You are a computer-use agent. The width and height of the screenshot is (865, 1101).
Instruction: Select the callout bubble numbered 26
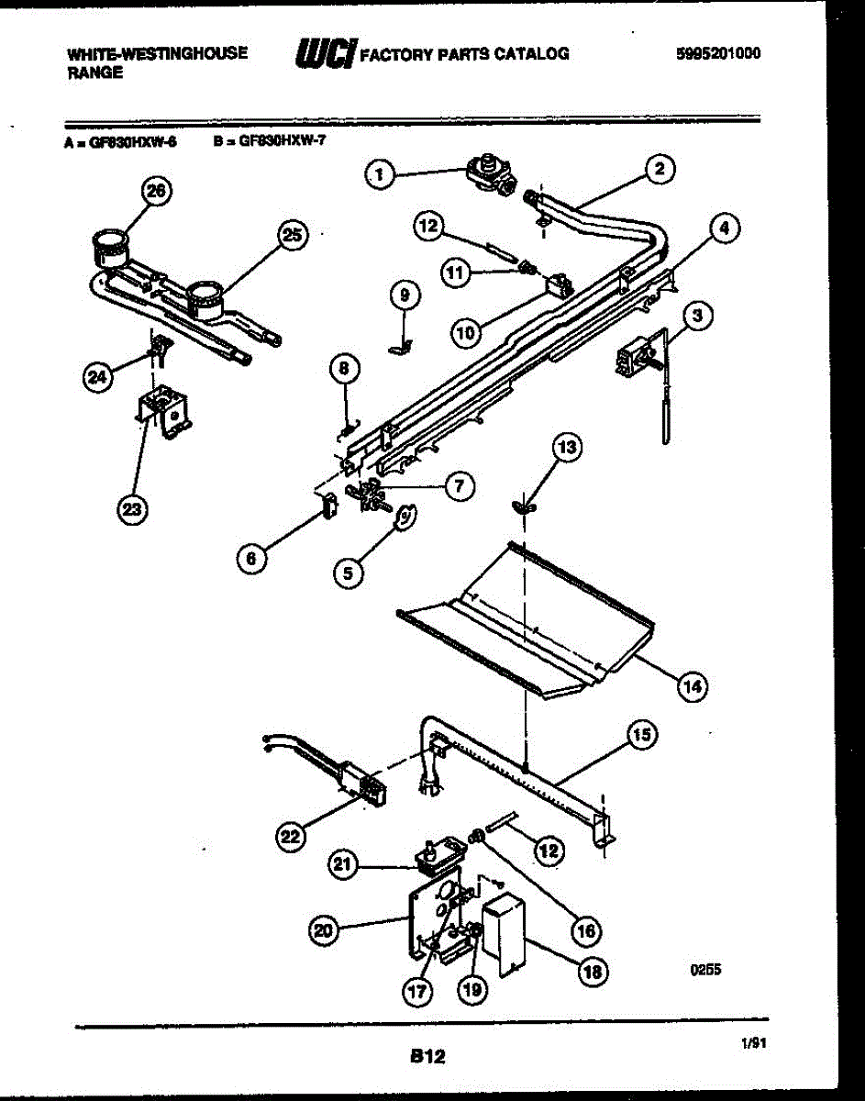pos(157,191)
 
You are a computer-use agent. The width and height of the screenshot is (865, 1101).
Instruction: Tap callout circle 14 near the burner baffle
pos(693,684)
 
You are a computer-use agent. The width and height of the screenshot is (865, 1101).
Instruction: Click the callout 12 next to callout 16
pos(549,851)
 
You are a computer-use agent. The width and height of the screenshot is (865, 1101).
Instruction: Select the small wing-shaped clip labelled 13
pos(524,504)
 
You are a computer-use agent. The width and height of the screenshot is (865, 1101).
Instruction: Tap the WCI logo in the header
pos(325,55)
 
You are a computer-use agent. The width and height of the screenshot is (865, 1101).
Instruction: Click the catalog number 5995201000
pos(717,53)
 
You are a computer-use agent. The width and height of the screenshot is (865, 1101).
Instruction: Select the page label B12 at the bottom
pos(427,1057)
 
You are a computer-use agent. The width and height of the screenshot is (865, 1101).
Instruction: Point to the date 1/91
pos(750,1041)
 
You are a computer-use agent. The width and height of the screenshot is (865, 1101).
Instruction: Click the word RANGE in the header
pos(94,73)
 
